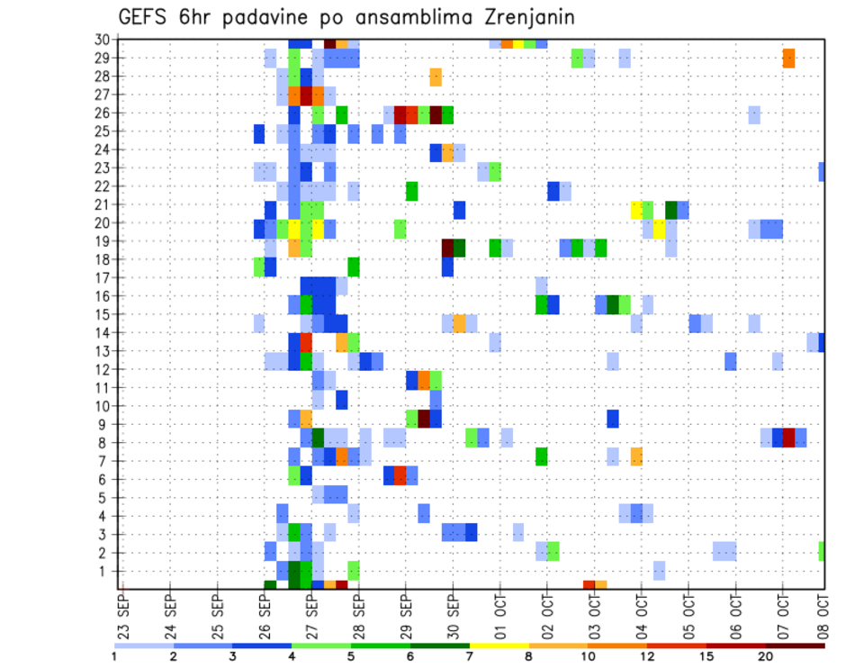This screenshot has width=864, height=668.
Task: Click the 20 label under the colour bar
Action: (766, 656)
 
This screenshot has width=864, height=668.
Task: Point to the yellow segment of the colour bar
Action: (499, 645)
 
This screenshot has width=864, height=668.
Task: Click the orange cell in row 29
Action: (788, 58)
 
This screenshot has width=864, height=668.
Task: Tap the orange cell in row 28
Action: (436, 77)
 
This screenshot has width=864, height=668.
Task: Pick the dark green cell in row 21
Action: (671, 210)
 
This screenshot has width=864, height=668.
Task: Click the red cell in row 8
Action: (789, 438)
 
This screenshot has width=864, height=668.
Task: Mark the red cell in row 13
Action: (306, 343)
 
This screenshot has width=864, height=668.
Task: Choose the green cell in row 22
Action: (412, 191)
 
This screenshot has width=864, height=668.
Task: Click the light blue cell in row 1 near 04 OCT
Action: (660, 570)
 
